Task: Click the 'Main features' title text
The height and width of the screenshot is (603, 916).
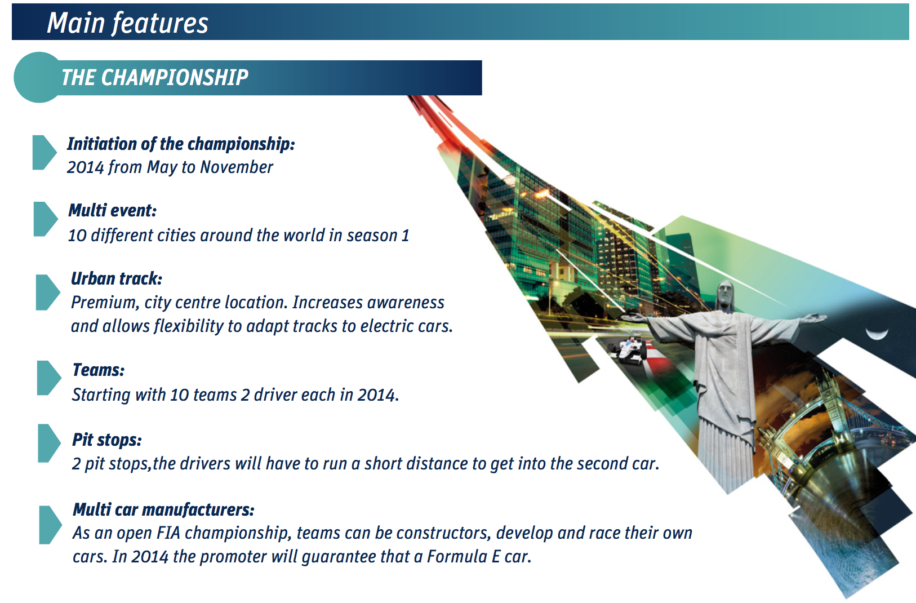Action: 127,23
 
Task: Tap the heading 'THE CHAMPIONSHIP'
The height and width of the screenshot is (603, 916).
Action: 154,77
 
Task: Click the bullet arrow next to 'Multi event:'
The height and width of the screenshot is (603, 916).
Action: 45,219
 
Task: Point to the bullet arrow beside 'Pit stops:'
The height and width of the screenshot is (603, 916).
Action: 49,443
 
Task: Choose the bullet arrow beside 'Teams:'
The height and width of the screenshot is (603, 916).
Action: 48,378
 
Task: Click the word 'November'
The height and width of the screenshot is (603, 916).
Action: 237,167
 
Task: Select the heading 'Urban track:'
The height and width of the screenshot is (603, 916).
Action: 117,278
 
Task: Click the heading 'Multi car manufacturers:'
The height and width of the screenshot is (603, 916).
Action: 163,509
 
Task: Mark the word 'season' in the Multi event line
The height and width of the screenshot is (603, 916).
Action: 372,236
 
